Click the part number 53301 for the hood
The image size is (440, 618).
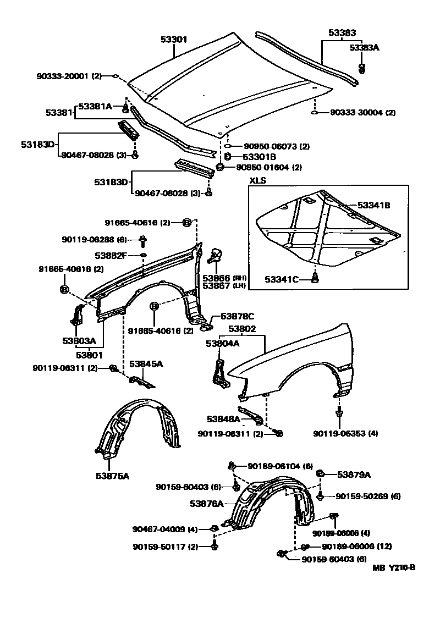coord(174,40)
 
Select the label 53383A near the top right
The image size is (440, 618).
coord(365,48)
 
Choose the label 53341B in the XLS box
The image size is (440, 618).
coord(373,205)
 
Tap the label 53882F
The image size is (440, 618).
coord(111,256)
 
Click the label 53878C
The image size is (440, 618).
coord(237,316)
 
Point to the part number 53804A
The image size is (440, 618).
coord(223,344)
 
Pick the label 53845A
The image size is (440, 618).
coord(146,363)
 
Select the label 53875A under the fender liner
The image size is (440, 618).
coord(112,476)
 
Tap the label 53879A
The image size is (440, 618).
coord(354,474)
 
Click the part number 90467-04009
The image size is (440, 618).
coord(159,529)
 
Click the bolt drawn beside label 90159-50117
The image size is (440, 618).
coord(215,546)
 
